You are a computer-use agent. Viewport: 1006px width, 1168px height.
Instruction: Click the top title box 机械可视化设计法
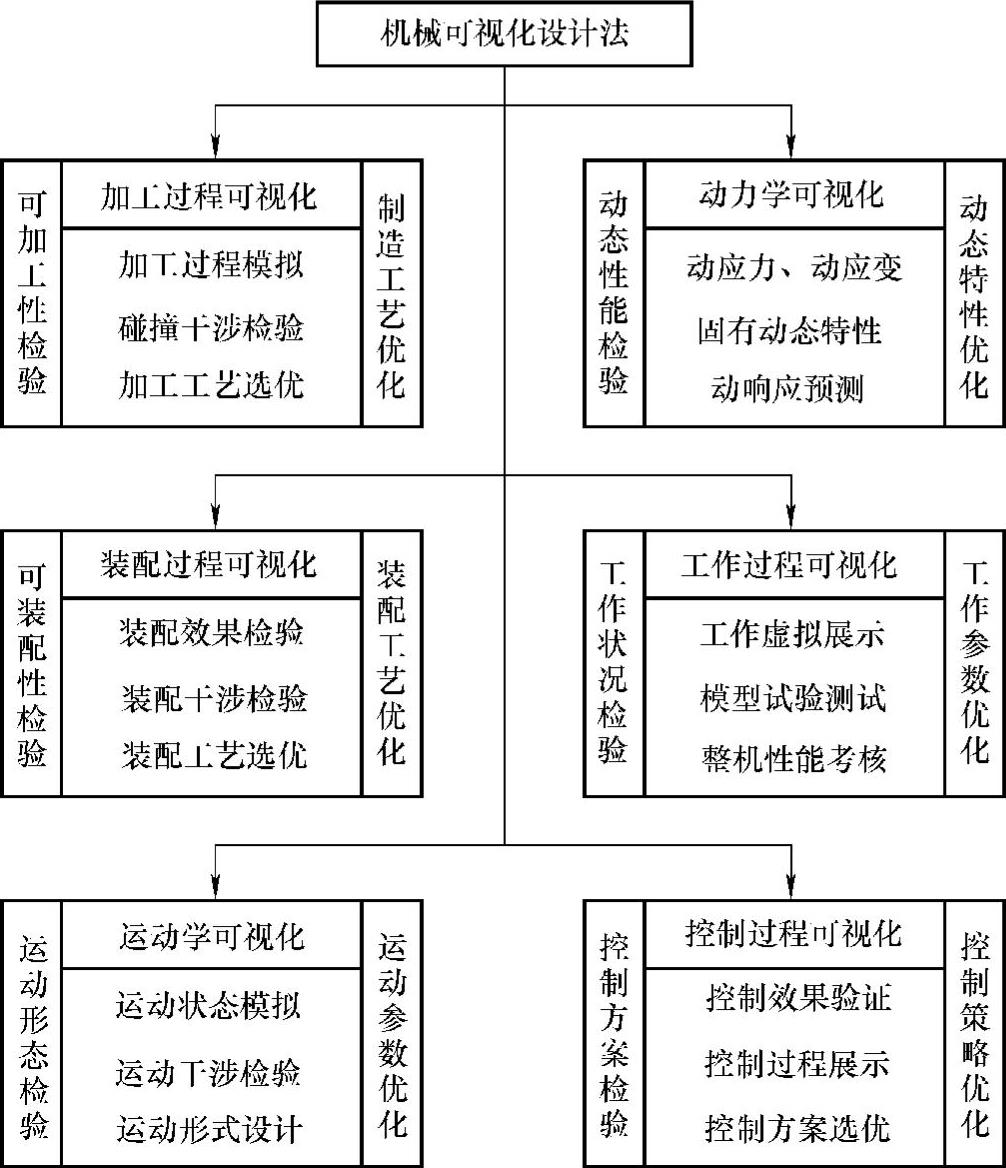click(504, 35)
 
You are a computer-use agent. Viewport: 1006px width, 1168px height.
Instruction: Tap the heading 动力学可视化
click(792, 195)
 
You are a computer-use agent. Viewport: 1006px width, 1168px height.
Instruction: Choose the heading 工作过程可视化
click(792, 565)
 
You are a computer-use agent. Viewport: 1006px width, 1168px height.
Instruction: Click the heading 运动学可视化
click(211, 936)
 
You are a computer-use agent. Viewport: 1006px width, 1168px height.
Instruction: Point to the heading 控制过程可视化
click(794, 934)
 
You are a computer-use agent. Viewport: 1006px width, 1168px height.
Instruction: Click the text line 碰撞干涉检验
click(211, 329)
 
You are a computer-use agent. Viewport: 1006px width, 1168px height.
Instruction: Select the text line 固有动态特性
click(791, 329)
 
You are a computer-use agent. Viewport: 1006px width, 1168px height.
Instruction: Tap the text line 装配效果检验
click(211, 633)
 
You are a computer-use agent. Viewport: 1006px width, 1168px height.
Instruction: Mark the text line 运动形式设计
click(210, 1130)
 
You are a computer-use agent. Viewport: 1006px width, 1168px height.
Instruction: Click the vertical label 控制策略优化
click(975, 1034)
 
